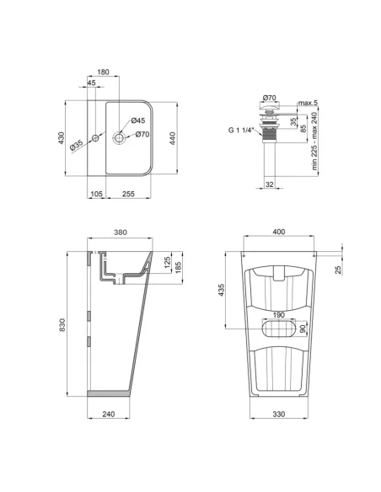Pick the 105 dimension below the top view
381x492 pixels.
[x=97, y=193]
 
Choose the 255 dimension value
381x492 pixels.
[x=129, y=193]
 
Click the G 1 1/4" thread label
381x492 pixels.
[x=242, y=130]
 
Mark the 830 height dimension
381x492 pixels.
[x=61, y=324]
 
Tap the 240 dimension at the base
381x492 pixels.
[x=107, y=414]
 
